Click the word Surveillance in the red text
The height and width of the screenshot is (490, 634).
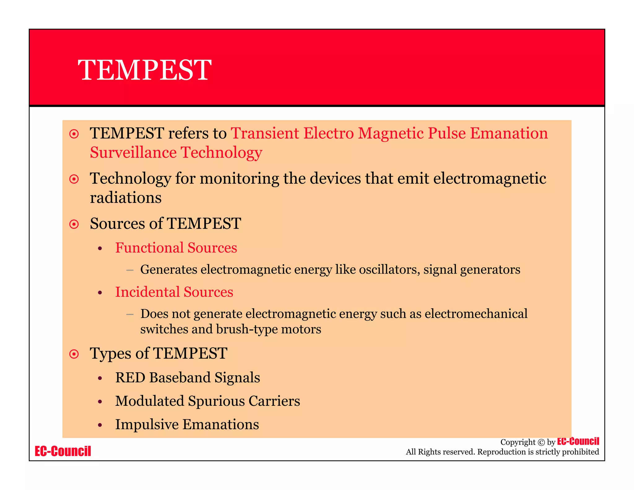[x=133, y=152]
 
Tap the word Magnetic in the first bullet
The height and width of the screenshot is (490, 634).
[x=391, y=133]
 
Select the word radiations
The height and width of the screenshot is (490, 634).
[x=126, y=198]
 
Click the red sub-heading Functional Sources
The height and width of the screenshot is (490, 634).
[x=176, y=248]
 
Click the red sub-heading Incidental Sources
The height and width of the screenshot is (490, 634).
[x=174, y=292]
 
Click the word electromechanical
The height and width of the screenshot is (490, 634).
[x=476, y=314]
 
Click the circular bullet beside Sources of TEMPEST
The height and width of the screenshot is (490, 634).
[x=74, y=224]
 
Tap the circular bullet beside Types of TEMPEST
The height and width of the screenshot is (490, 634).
[x=74, y=354]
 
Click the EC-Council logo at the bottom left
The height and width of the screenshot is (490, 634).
[x=63, y=451]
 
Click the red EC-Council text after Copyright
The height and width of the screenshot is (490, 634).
[x=578, y=441]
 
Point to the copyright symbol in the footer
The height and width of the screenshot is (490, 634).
[x=541, y=442]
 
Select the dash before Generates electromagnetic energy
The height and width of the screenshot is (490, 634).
[x=130, y=270]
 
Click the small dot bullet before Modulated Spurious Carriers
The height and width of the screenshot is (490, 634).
[x=100, y=402]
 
